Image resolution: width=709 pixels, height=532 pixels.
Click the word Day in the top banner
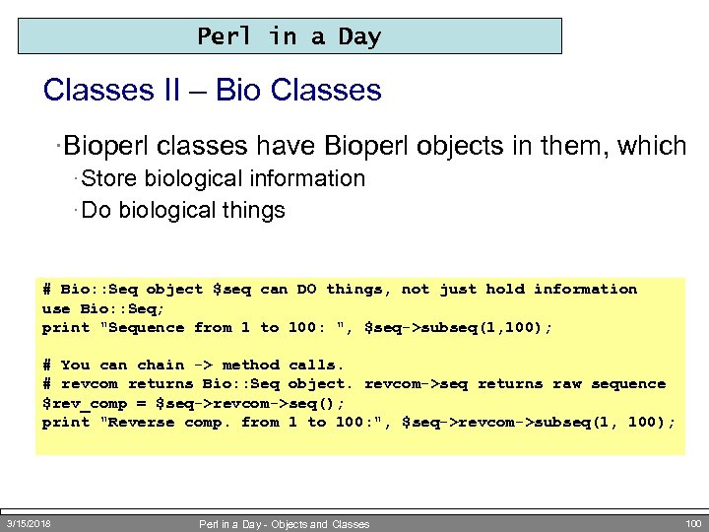coord(359,36)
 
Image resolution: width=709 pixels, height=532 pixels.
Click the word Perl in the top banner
coord(226,36)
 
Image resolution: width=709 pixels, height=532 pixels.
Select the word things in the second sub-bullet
coord(253,210)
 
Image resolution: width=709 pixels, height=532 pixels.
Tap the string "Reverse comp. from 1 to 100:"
coord(222,423)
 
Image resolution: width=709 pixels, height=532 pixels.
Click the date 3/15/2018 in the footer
coord(29,523)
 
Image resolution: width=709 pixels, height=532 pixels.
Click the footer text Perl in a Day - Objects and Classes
coord(284,524)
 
